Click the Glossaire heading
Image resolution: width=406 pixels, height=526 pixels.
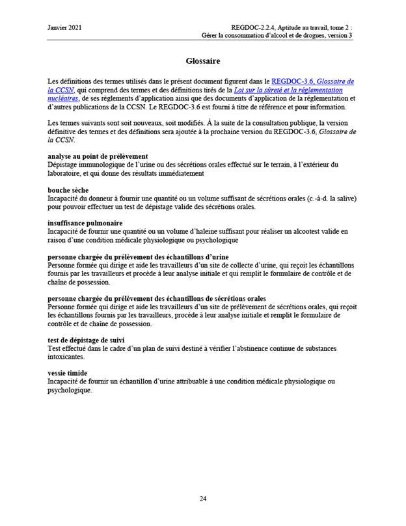(202, 61)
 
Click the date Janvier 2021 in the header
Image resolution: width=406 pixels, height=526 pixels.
(64, 27)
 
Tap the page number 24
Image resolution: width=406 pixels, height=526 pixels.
(202, 498)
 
